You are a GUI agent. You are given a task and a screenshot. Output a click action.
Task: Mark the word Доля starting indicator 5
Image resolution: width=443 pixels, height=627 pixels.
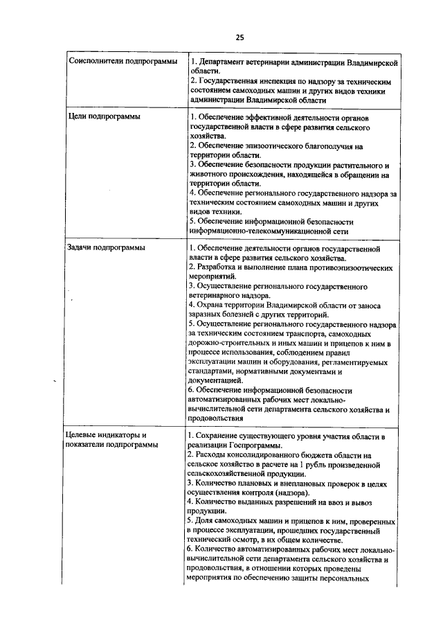coord(207,520)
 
